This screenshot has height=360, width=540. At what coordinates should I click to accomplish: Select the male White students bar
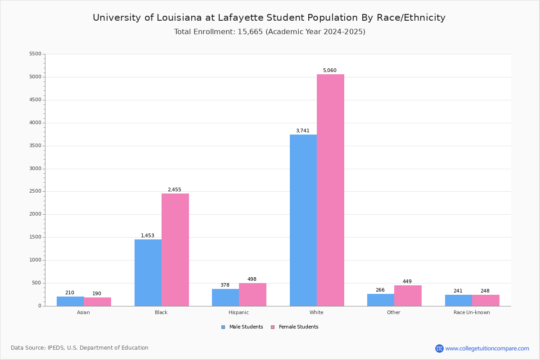pos(303,220)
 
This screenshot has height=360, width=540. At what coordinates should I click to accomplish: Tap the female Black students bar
pos(175,250)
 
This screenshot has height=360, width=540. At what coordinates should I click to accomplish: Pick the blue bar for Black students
pos(148,273)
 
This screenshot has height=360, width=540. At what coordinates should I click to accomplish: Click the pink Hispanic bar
pos(252,294)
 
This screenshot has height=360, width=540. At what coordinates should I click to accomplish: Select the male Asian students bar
pos(70,301)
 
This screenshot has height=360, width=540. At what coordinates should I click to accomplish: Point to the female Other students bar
pos(408,296)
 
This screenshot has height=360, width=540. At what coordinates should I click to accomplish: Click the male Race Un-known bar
pos(459,300)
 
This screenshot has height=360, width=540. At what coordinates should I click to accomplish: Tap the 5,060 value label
pos(329,71)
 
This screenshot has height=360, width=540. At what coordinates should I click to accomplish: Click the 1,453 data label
pos(148,236)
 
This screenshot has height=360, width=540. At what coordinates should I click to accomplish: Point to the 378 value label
pos(225,285)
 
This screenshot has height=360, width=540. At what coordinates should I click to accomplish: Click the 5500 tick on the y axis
pos(35,54)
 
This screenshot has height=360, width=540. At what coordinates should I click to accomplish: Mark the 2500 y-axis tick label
pos(35,191)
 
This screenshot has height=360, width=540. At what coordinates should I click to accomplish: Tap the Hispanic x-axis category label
pos(238,312)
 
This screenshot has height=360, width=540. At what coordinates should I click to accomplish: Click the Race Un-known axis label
pos(472,312)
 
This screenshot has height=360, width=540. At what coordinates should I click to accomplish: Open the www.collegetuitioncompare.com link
pos(487,348)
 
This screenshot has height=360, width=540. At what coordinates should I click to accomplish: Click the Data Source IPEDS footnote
pos(80,348)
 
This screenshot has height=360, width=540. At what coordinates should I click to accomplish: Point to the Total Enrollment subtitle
pos(270,32)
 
